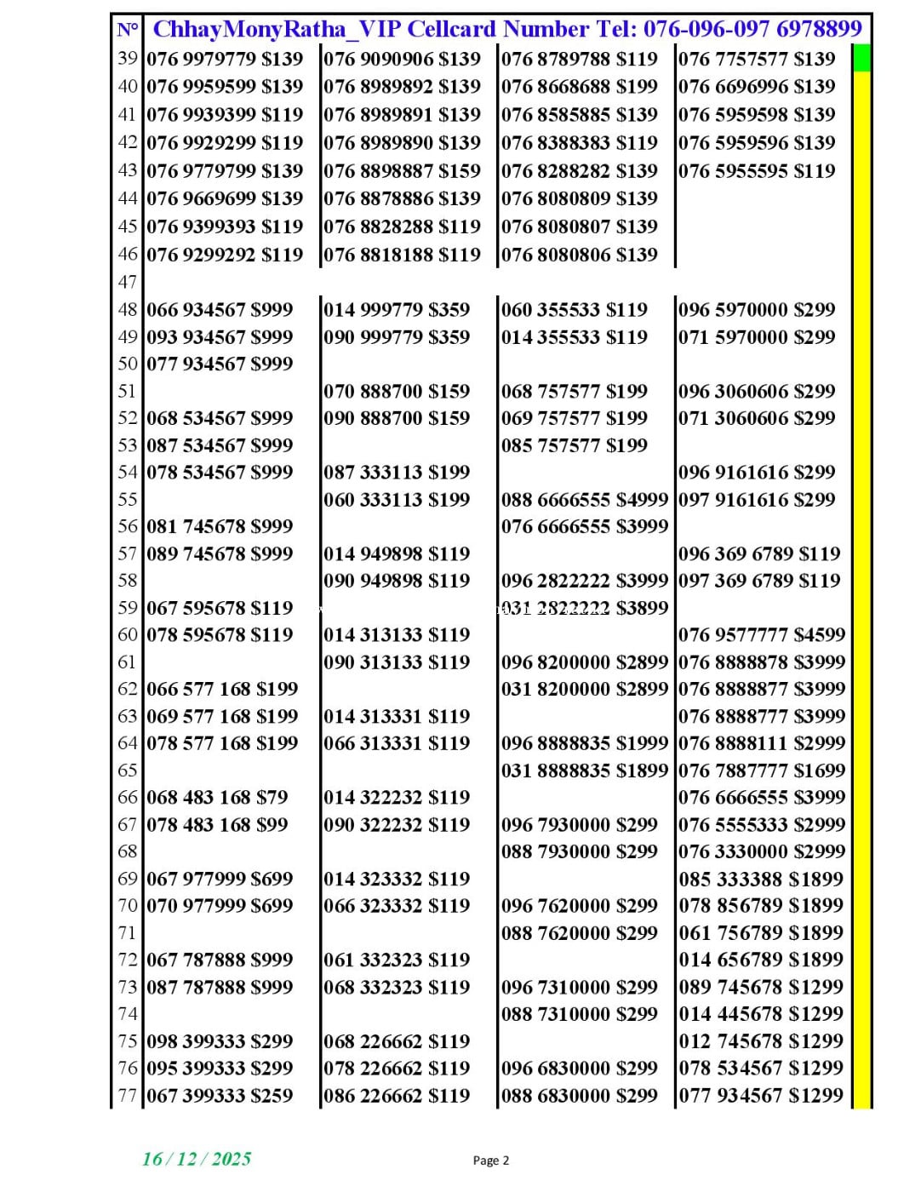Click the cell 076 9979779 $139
coord(225,59)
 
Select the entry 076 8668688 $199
coord(579,87)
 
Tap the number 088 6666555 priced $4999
coord(584,500)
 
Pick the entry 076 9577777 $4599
coord(762,635)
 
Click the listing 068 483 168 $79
coord(217,798)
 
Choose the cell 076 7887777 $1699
coord(762,771)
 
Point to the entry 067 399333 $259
coord(220,1096)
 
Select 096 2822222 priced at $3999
coord(584,581)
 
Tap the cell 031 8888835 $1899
coord(584,771)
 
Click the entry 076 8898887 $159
coord(402,171)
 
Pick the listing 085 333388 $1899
coord(761,879)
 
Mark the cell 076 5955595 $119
coord(757,171)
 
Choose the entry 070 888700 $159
coord(397,392)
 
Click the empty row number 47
coord(128,283)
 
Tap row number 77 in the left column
coord(128,1096)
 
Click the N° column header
coord(128,31)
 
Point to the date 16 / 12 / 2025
coord(197,1159)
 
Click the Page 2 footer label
coord(491,1160)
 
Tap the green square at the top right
coord(861,58)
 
